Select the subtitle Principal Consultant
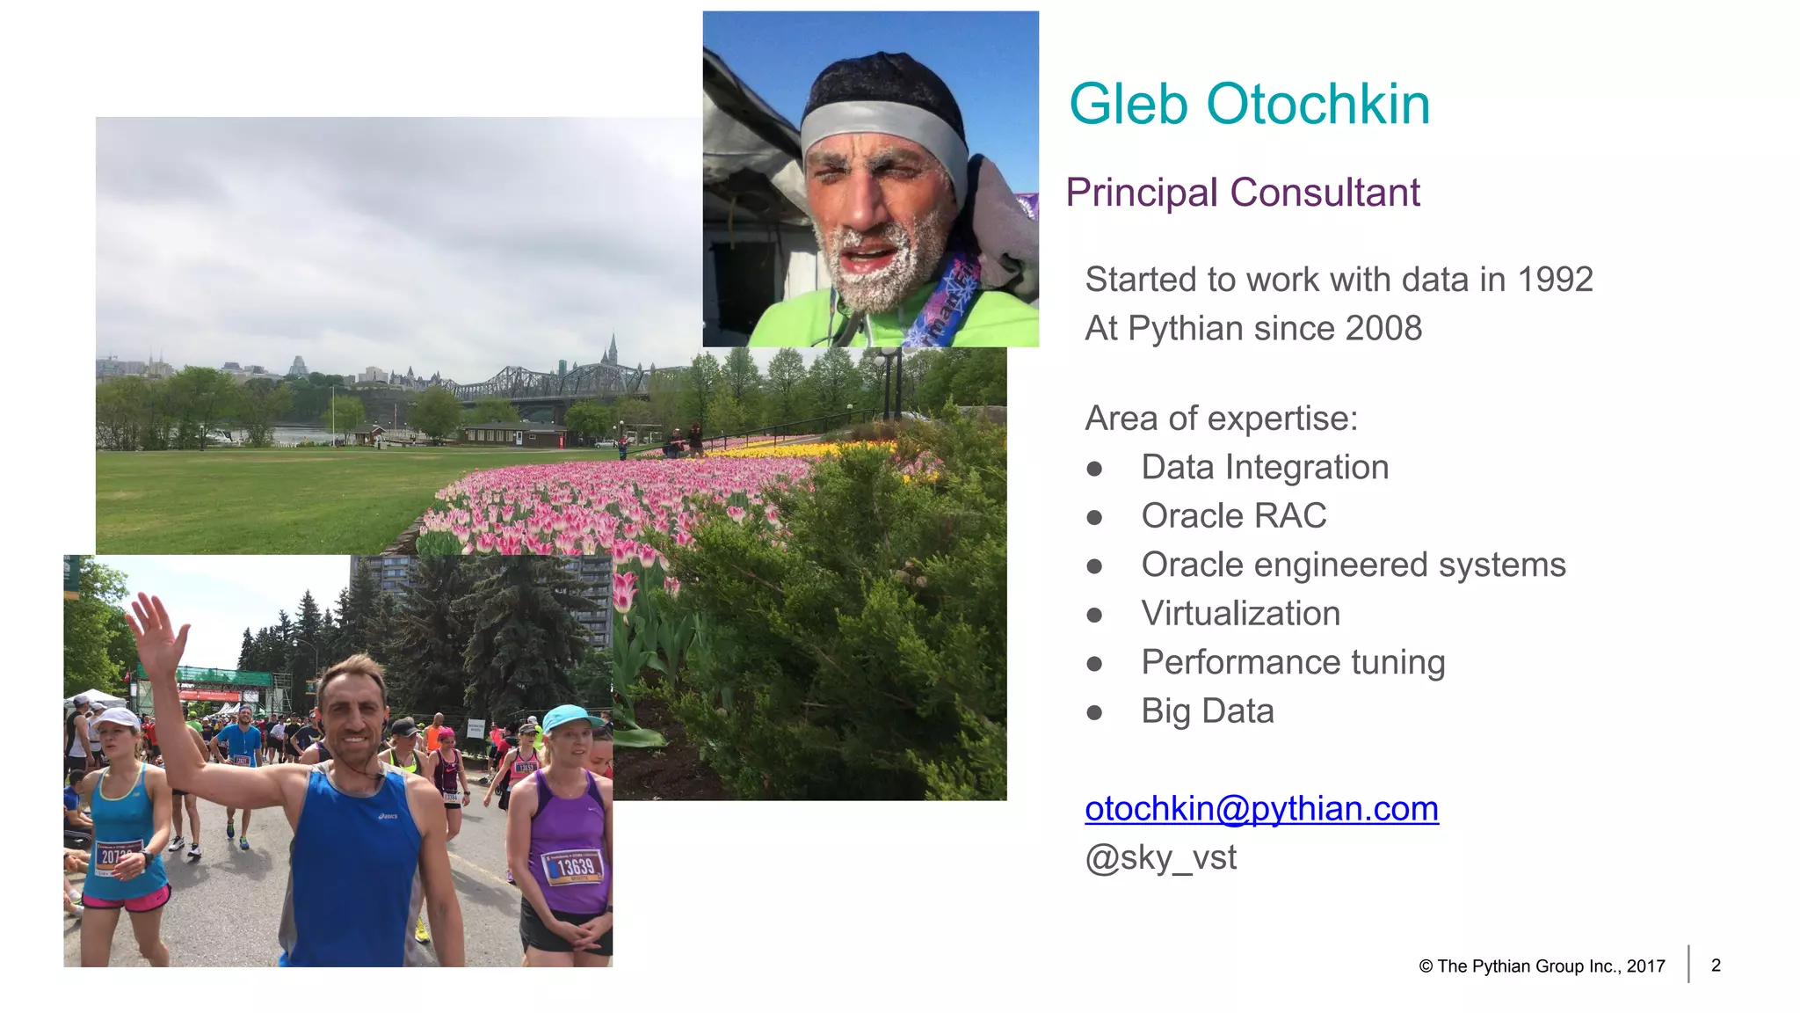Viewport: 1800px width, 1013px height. pos(1242,193)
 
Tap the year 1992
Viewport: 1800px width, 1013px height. pos(1555,280)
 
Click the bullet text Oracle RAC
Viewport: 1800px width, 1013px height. pos(1233,516)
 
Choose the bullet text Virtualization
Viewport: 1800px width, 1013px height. pos(1240,614)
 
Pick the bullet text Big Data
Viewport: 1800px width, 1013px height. pos(1207,711)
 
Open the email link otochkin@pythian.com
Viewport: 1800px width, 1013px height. pos(1261,809)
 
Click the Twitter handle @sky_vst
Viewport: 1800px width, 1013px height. pos(1160,857)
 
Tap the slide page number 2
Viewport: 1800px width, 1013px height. pos(1716,966)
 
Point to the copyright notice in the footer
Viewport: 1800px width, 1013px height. pos(1542,966)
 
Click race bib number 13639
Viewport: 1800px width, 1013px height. pos(575,867)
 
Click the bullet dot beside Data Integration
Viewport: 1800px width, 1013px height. pos(1094,469)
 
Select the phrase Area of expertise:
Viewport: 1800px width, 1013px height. pos(1221,419)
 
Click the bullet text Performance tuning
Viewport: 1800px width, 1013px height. pos(1293,663)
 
